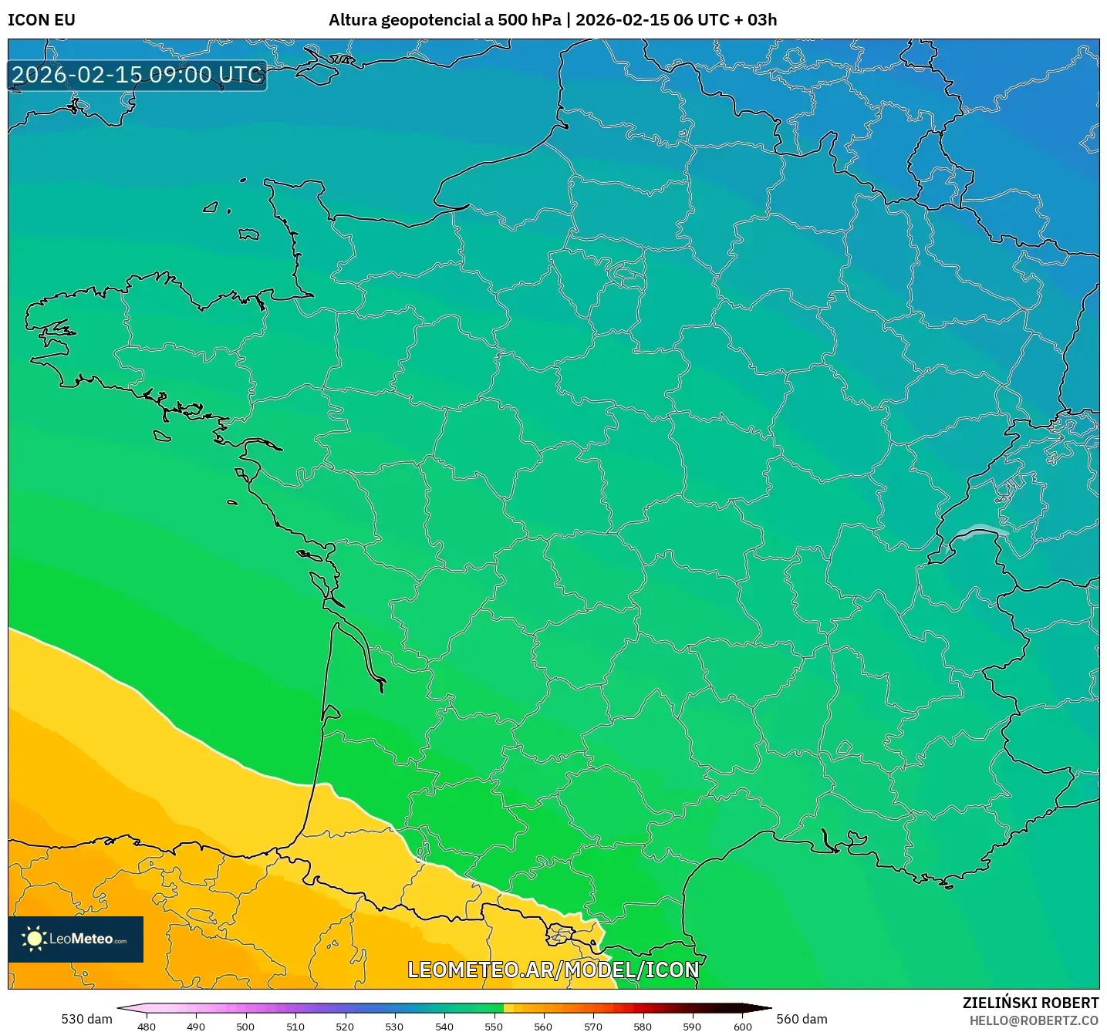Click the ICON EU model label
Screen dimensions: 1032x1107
click(42, 20)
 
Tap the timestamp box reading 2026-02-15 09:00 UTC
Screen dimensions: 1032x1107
click(137, 75)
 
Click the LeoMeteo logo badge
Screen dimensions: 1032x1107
click(76, 939)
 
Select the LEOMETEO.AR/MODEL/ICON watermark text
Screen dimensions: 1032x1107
click(553, 970)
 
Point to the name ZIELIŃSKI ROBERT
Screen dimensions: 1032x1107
click(1030, 1003)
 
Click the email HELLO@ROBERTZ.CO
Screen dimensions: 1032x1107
click(1034, 1020)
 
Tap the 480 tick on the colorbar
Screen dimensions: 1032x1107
click(146, 1026)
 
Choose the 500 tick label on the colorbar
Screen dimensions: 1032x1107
click(245, 1026)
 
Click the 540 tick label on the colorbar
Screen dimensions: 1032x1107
click(444, 1026)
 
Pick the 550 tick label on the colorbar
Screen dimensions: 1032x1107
click(494, 1026)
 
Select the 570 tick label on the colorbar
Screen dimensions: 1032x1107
click(593, 1026)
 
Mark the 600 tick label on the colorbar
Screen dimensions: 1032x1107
click(742, 1026)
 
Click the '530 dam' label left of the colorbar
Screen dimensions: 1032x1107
click(86, 1019)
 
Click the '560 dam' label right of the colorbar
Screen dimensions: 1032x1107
click(802, 1019)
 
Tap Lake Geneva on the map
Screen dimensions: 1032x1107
click(980, 531)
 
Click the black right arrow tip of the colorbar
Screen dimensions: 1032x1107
click(764, 1008)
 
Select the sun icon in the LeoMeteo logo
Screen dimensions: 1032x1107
click(34, 939)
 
